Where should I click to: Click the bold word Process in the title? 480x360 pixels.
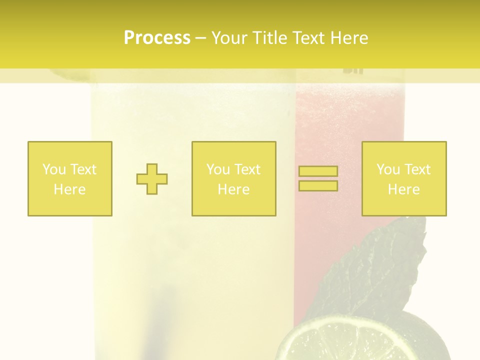pyautogui.click(x=157, y=38)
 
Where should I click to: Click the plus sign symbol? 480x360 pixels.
pyautogui.click(x=152, y=179)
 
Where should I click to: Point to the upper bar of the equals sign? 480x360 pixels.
pyautogui.click(x=318, y=171)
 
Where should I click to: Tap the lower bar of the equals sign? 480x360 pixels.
pyautogui.click(x=318, y=186)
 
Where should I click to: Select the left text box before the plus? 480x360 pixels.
pyautogui.click(x=70, y=178)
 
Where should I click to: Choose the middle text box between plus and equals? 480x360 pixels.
pyautogui.click(x=234, y=178)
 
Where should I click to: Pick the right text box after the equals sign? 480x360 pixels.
pyautogui.click(x=404, y=178)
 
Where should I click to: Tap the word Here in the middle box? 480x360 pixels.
pyautogui.click(x=234, y=189)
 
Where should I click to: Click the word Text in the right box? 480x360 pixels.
pyautogui.click(x=418, y=169)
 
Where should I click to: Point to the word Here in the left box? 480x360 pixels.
pyautogui.click(x=70, y=189)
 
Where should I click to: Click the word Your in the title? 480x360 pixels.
pyautogui.click(x=229, y=38)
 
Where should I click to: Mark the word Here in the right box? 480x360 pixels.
pyautogui.click(x=404, y=189)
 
